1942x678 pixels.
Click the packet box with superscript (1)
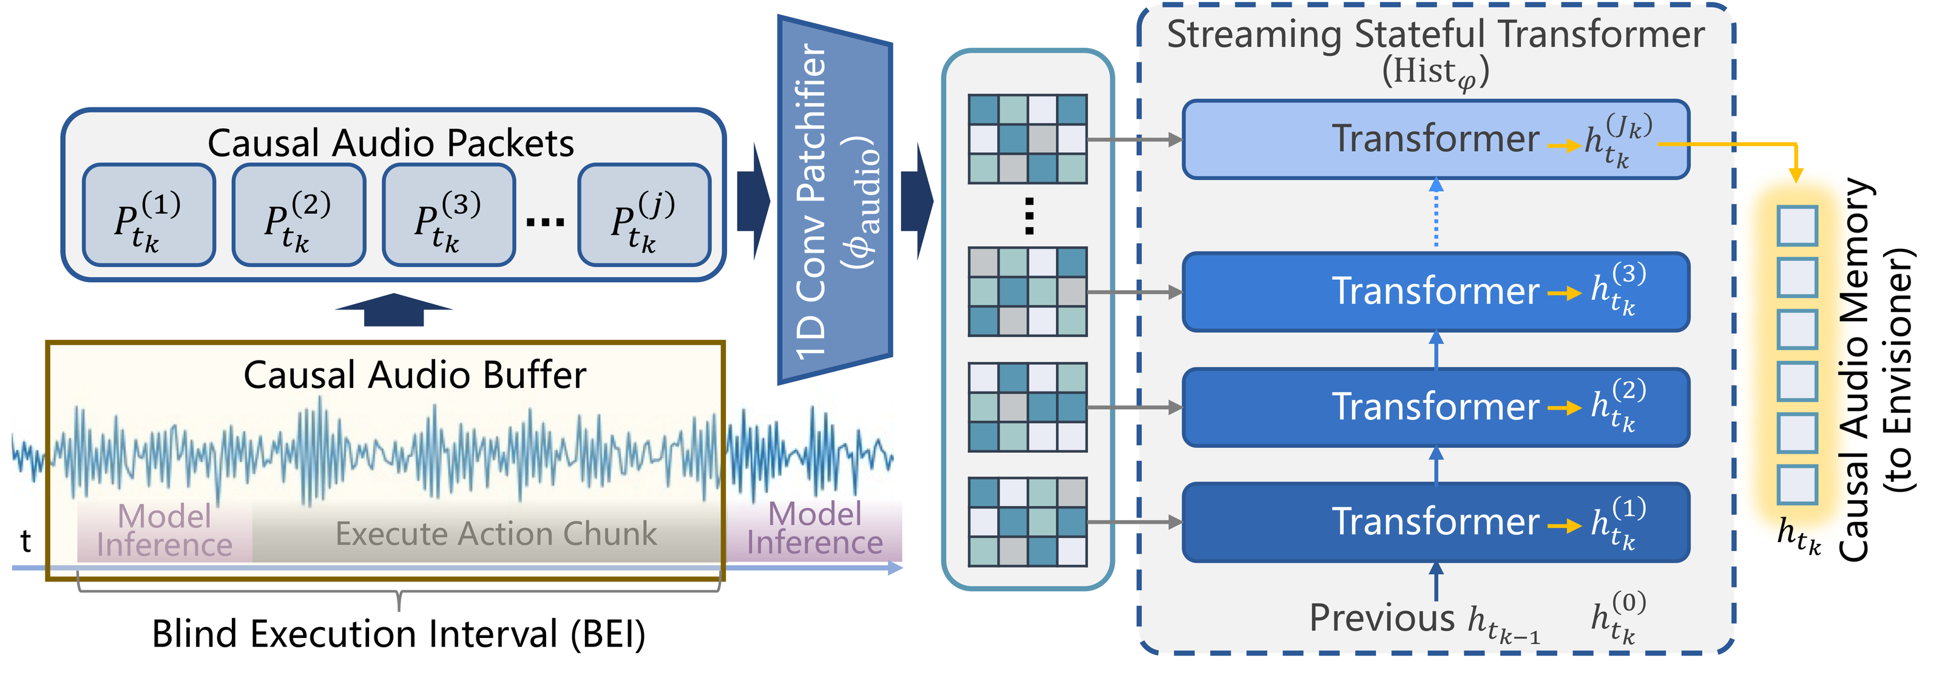pos(149,215)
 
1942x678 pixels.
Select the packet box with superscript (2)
pos(299,215)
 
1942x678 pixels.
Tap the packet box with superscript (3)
pos(448,215)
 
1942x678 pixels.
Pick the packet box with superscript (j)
pos(644,215)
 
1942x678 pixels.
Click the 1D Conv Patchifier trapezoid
pos(834,200)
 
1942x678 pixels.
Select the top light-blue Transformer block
pos(1435,140)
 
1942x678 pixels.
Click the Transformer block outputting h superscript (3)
pos(1435,292)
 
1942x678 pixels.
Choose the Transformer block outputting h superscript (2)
pos(1435,407)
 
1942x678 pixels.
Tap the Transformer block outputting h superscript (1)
pos(1435,522)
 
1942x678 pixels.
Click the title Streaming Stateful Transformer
pos(1435,35)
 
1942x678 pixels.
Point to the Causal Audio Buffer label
pos(414,375)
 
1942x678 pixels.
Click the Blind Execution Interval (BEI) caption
pos(398,634)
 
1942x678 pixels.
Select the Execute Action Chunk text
pos(496,534)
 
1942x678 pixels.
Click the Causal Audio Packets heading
pos(390,143)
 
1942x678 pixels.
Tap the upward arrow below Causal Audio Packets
pos(393,309)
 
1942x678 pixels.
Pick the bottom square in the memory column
pos(1797,484)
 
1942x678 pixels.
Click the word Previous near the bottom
pos(1381,619)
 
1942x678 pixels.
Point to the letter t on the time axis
pos(25,541)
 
